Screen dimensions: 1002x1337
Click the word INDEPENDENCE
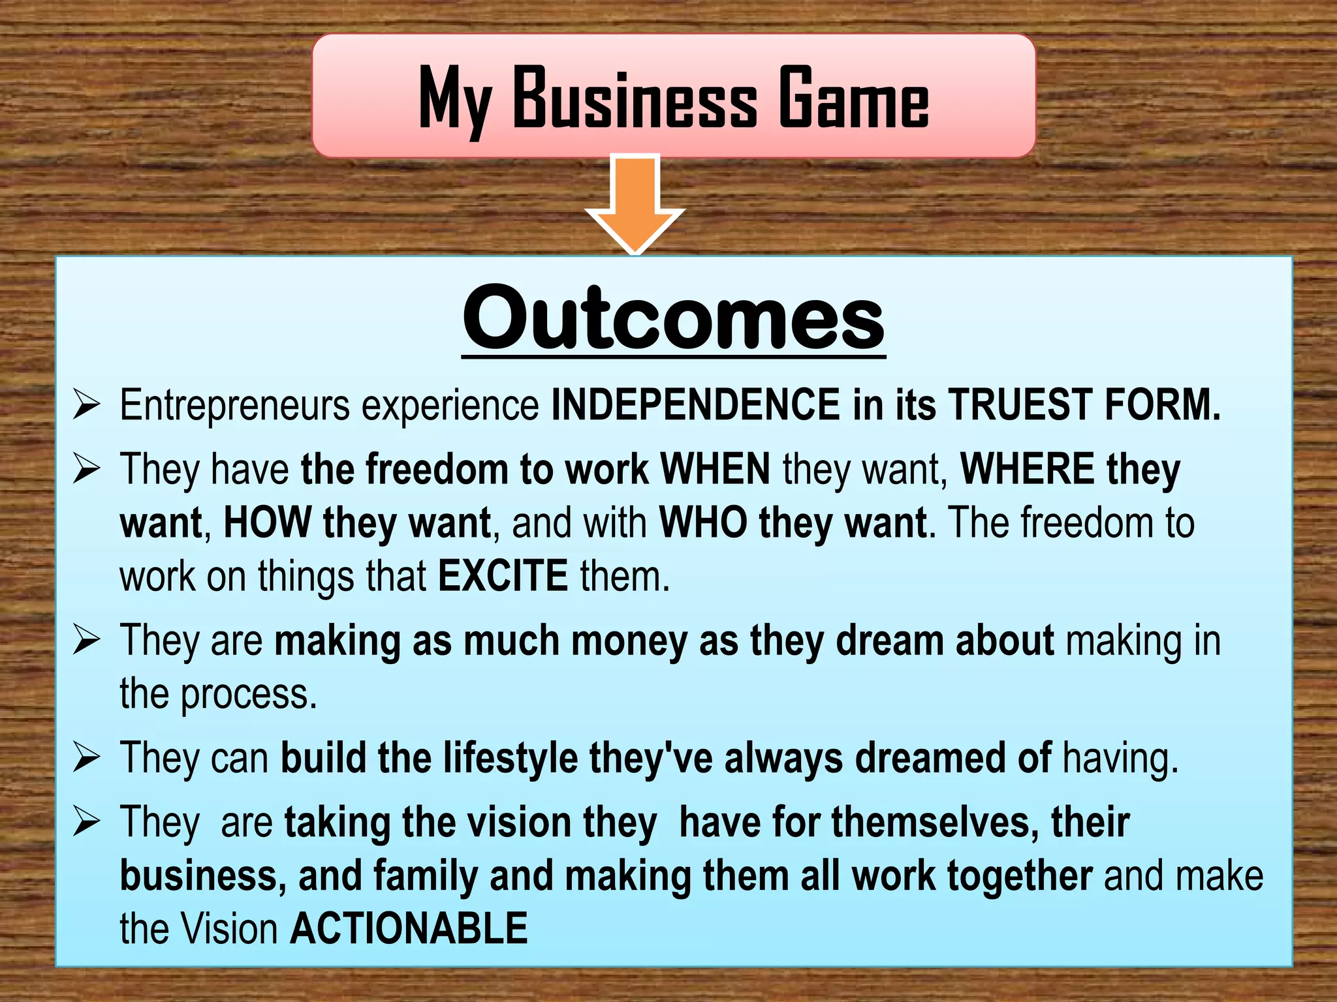(696, 404)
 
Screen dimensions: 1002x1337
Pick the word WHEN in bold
(716, 468)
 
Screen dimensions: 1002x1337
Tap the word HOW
(267, 523)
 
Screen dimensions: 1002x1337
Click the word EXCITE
(503, 576)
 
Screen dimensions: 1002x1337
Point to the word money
(629, 641)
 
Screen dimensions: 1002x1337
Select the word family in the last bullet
(425, 876)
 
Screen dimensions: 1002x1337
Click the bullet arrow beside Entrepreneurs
(86, 404)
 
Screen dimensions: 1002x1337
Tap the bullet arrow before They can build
(86, 757)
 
